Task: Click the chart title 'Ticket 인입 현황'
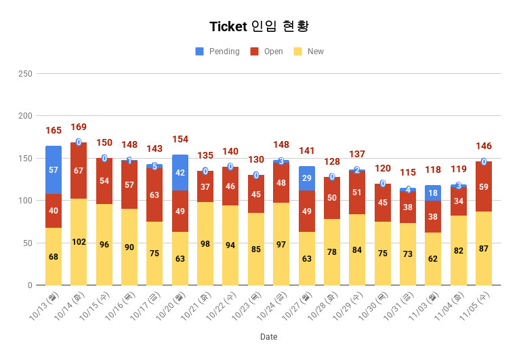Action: click(x=259, y=26)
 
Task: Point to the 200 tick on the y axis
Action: click(x=25, y=116)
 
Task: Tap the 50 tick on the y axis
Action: click(x=28, y=243)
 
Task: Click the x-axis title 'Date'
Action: click(x=268, y=337)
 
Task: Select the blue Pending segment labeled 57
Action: click(x=54, y=169)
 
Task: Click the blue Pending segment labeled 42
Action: click(x=180, y=173)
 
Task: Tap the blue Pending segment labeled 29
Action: click(x=307, y=178)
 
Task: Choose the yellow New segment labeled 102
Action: click(x=79, y=242)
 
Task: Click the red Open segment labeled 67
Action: click(x=79, y=170)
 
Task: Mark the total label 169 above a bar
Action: click(x=79, y=127)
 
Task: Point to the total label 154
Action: click(x=180, y=139)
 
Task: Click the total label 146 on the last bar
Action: click(x=484, y=146)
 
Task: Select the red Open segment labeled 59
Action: click(x=484, y=186)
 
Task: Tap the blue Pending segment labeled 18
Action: click(x=433, y=193)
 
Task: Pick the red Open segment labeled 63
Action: click(x=154, y=195)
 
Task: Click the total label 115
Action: click(x=408, y=172)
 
